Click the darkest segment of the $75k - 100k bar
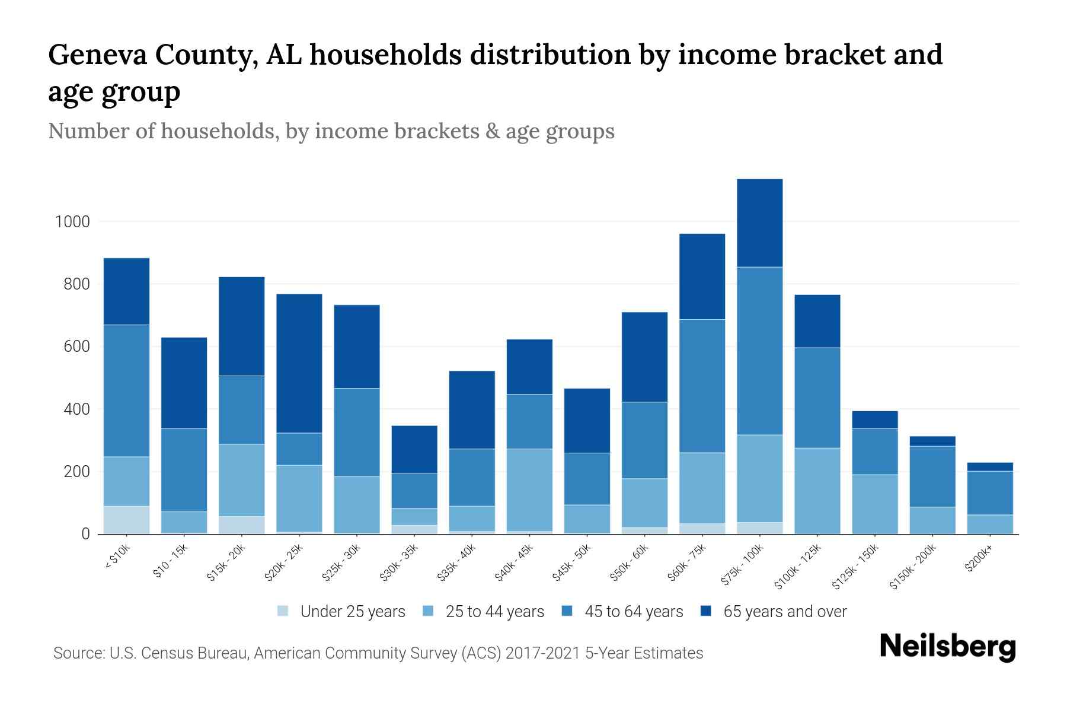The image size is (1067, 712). point(759,223)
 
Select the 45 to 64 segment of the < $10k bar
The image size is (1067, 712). point(126,390)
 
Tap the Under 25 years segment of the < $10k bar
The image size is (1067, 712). point(126,520)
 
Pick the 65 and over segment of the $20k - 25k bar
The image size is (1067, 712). point(299,363)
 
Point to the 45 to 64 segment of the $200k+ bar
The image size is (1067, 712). point(989,492)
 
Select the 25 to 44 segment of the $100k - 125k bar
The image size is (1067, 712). point(817,491)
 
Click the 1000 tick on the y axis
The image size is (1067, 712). point(72,222)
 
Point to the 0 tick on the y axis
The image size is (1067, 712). point(85,534)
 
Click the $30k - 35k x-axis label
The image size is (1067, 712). point(403,562)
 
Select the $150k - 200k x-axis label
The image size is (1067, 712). point(913,568)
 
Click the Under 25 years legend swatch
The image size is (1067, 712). point(283,611)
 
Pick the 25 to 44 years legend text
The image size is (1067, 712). point(494,612)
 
